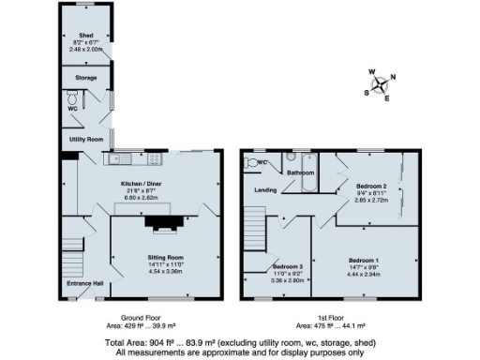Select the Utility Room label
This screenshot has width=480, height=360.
(x=84, y=139)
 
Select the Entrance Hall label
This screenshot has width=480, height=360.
(x=84, y=283)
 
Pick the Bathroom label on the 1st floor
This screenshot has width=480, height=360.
(x=300, y=173)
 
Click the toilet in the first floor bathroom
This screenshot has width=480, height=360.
(x=250, y=162)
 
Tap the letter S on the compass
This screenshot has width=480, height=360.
(x=366, y=92)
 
